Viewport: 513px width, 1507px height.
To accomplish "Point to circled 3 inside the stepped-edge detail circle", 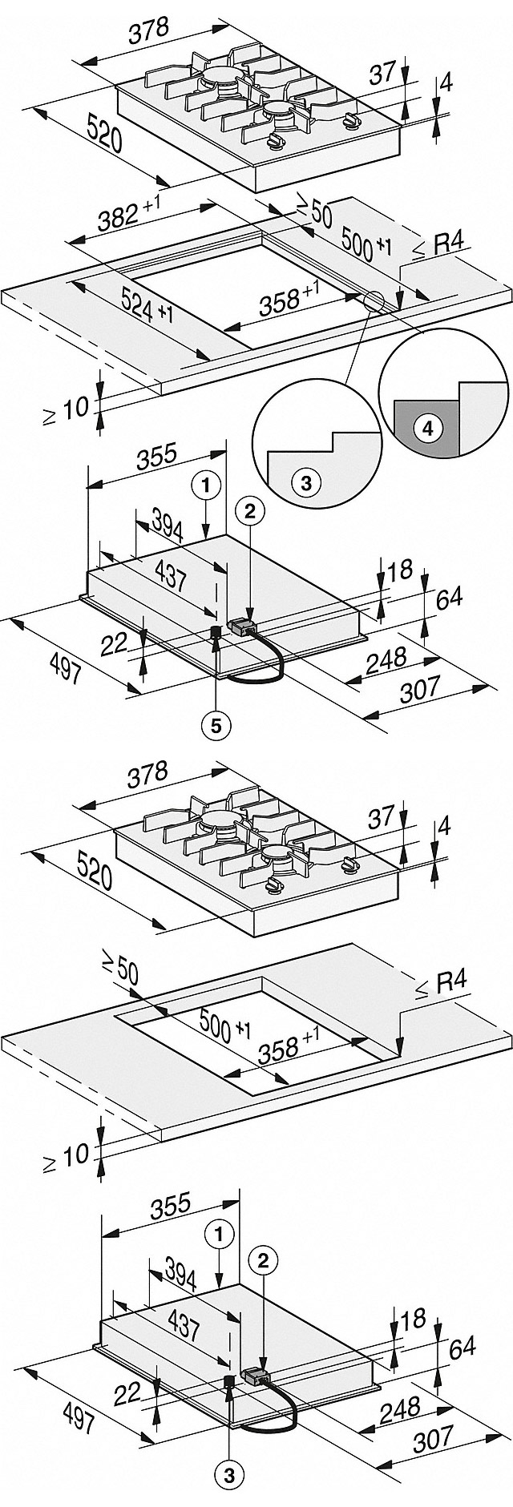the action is tap(305, 483).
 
